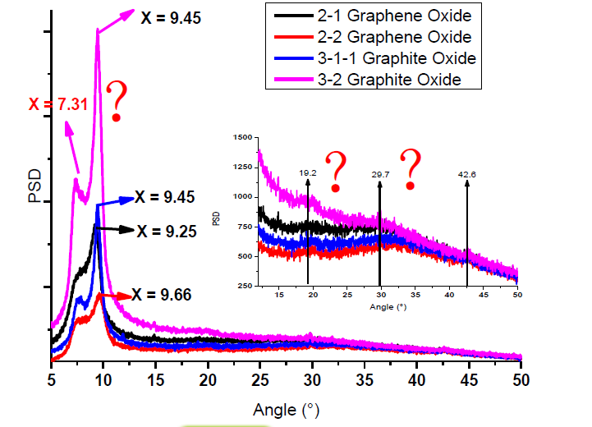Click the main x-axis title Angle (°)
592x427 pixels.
[x=286, y=408]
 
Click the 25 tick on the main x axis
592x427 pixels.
[x=260, y=379]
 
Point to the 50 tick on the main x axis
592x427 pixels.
[x=521, y=379]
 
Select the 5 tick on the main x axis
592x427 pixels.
[x=51, y=379]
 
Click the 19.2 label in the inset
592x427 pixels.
[x=307, y=174]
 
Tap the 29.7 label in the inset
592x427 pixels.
[x=379, y=174]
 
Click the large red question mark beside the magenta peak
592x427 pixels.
[x=119, y=103]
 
